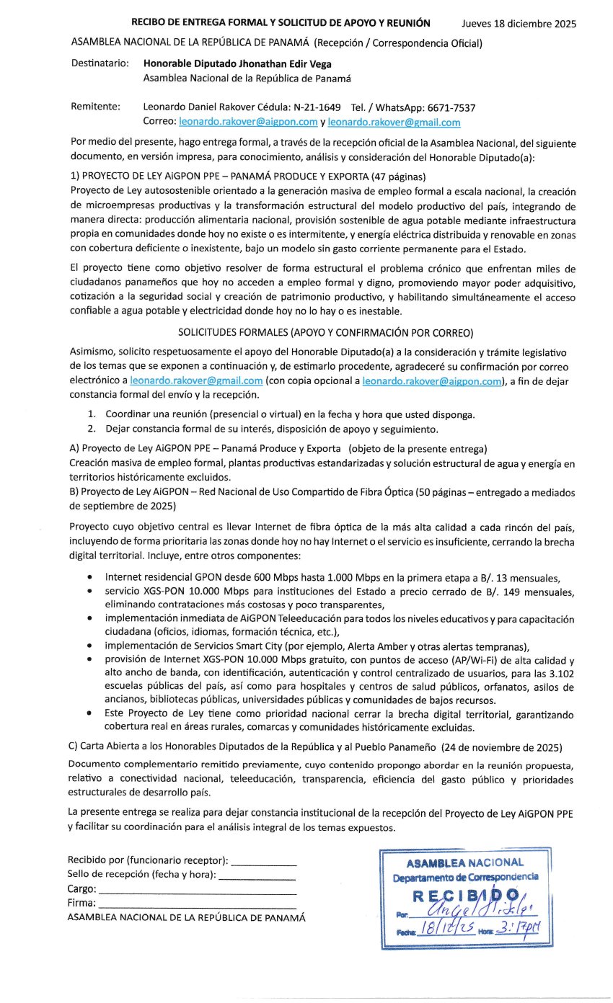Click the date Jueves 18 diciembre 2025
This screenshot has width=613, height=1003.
[x=519, y=24]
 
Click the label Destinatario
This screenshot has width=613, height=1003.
[x=100, y=63]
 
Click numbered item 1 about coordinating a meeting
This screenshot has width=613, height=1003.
[x=288, y=415]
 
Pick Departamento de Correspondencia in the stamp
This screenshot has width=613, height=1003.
[x=465, y=877]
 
